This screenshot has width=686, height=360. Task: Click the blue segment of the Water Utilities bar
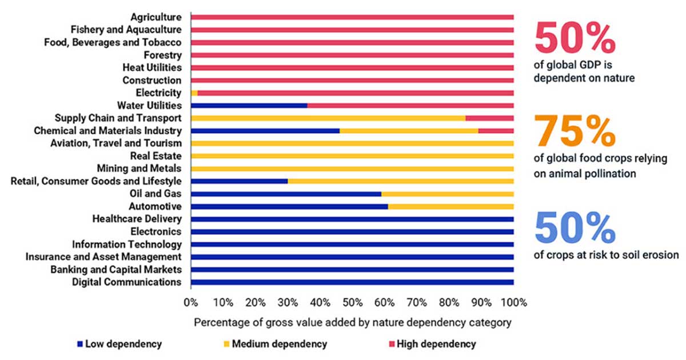tap(249, 106)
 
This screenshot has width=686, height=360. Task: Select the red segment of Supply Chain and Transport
tap(489, 118)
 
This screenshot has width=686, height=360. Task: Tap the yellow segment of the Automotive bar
tap(450, 206)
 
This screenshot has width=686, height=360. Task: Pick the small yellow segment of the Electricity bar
tap(194, 93)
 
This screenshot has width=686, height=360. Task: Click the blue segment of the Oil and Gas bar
tap(286, 194)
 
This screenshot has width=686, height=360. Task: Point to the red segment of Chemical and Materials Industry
tap(496, 131)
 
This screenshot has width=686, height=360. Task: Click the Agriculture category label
tap(156, 17)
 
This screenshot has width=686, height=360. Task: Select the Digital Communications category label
tap(127, 282)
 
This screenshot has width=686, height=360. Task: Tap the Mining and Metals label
tap(139, 169)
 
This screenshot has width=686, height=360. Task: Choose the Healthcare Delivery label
tap(137, 219)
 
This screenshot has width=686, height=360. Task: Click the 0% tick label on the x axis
tap(190, 302)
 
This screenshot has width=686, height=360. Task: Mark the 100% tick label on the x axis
tap(513, 302)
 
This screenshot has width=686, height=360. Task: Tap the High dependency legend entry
tap(436, 344)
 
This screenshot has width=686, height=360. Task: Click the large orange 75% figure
tap(574, 131)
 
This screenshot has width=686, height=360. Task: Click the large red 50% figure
tap(574, 38)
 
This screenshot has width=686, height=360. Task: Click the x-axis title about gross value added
tap(352, 322)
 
